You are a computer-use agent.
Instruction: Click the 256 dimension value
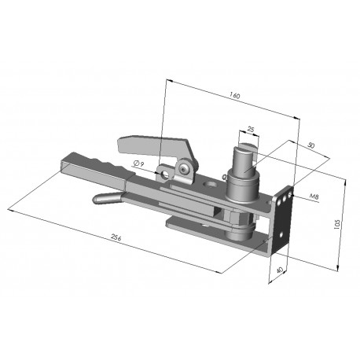116,237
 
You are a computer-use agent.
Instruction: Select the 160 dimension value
235,95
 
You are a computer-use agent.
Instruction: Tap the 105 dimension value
337,224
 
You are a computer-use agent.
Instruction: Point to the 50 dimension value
310,145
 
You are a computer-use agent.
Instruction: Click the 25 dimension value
251,129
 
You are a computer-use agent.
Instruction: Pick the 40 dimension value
280,270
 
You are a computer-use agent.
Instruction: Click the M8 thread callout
314,196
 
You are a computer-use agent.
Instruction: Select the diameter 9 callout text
139,164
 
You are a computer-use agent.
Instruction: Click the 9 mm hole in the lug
165,174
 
